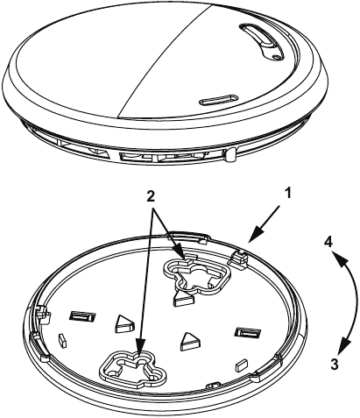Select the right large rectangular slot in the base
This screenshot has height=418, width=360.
tap(244, 333)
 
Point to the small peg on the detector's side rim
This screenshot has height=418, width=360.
tap(229, 155)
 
